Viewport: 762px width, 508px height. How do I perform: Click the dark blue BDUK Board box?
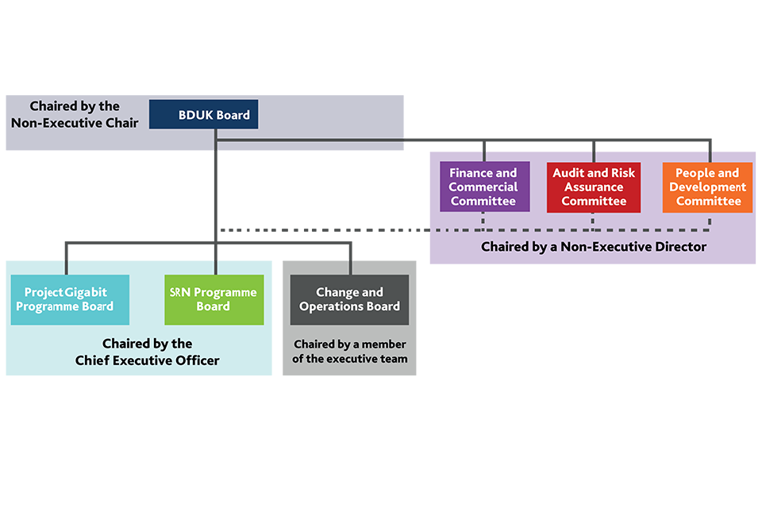tap(203, 115)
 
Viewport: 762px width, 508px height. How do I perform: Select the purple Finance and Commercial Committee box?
tap(483, 187)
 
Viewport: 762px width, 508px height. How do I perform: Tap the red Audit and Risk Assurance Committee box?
tap(595, 187)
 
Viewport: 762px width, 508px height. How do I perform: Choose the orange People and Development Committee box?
tap(707, 187)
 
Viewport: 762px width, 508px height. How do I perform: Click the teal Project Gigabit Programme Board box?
tap(70, 299)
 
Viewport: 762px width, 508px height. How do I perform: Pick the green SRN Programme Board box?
tap(214, 299)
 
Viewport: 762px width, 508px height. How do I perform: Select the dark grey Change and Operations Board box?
tap(349, 299)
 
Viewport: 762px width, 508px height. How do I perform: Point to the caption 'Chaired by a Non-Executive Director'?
tap(593, 247)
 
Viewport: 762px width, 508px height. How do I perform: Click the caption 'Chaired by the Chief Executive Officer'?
tap(148, 352)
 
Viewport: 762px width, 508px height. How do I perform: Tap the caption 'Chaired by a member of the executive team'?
tap(349, 352)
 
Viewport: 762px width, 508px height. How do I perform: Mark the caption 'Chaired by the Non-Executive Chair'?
tap(75, 114)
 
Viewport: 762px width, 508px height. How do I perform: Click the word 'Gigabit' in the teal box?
tap(87, 292)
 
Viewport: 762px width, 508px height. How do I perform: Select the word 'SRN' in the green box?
tap(181, 292)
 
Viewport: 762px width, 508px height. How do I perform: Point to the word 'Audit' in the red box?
tap(568, 173)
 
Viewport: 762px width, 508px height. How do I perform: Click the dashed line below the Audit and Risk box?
tap(594, 221)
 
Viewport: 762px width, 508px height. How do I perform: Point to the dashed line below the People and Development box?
tap(710, 221)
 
